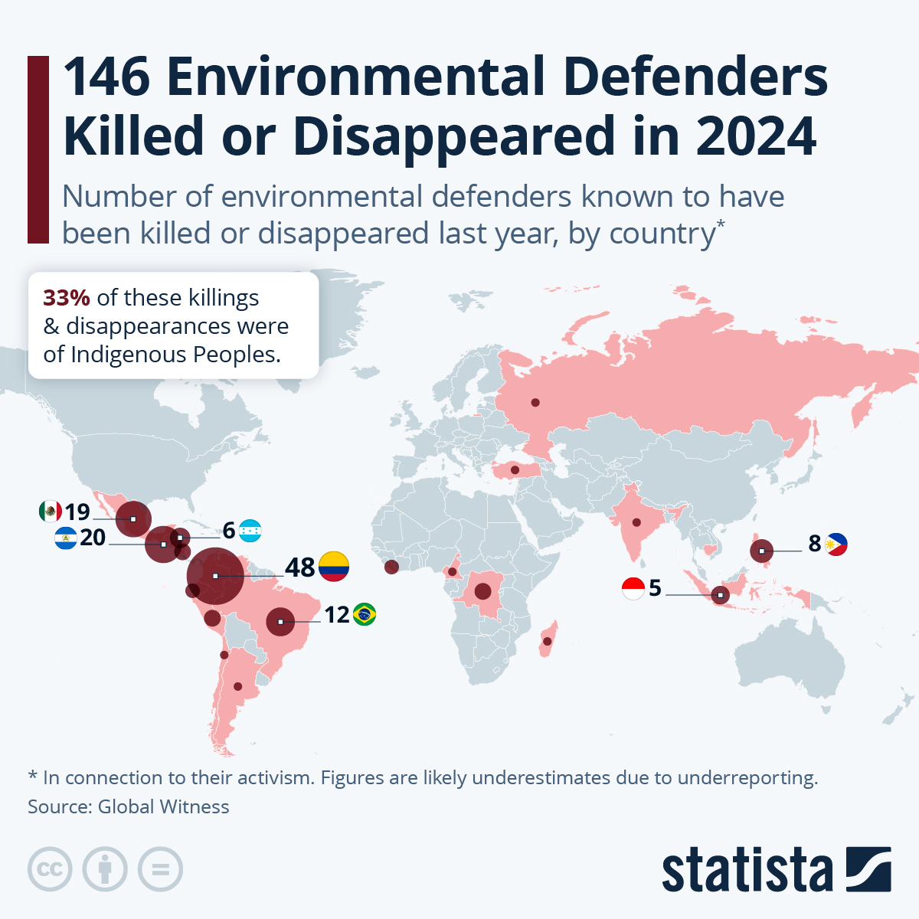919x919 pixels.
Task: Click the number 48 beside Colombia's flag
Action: pos(299,567)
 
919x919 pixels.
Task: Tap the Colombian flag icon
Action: pos(334,567)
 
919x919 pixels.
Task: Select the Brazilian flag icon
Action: pos(365,614)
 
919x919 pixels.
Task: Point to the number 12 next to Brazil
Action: pos(336,615)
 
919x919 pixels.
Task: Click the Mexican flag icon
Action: pos(51,511)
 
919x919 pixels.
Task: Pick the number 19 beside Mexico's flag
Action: pos(77,512)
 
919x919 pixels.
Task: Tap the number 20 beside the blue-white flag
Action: pos(92,538)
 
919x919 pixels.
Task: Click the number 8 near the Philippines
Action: pos(814,544)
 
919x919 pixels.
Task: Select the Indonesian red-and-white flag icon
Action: pos(633,588)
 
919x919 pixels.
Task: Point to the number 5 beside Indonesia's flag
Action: pos(655,588)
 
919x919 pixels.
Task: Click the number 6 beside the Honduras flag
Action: pos(228,530)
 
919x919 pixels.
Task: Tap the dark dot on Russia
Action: pos(535,403)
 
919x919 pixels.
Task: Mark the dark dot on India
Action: pos(636,523)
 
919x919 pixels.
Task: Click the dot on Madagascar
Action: pos(548,641)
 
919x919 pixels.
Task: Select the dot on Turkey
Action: pos(515,469)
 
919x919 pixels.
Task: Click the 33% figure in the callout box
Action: pos(67,298)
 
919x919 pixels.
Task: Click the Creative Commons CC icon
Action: pos(50,870)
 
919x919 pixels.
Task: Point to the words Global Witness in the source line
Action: pos(163,807)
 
